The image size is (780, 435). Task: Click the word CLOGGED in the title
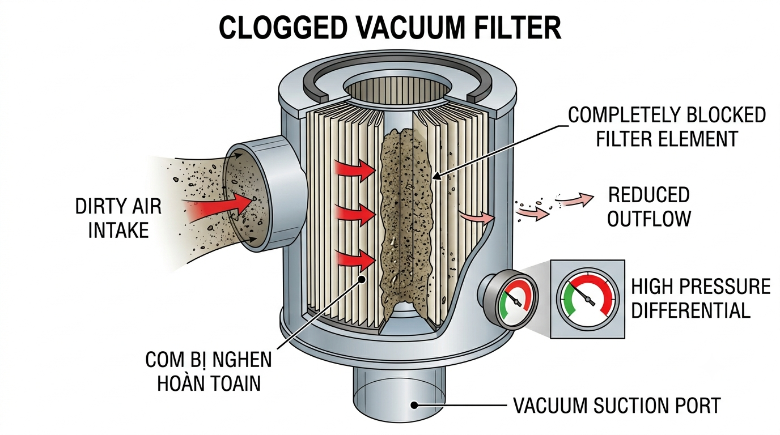click(x=283, y=28)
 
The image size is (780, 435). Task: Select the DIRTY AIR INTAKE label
click(x=118, y=218)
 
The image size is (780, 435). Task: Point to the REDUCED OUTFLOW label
click(x=649, y=207)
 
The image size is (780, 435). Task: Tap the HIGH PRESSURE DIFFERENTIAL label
click(x=701, y=298)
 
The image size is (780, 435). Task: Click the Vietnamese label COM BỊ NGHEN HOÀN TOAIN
click(x=209, y=372)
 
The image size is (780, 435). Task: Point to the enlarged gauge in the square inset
click(x=588, y=300)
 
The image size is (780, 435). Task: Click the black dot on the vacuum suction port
click(x=414, y=405)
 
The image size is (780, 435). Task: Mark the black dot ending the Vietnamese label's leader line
click(x=362, y=279)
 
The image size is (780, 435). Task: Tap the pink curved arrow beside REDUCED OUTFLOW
click(x=575, y=199)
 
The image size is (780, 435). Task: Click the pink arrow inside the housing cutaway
click(x=478, y=217)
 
